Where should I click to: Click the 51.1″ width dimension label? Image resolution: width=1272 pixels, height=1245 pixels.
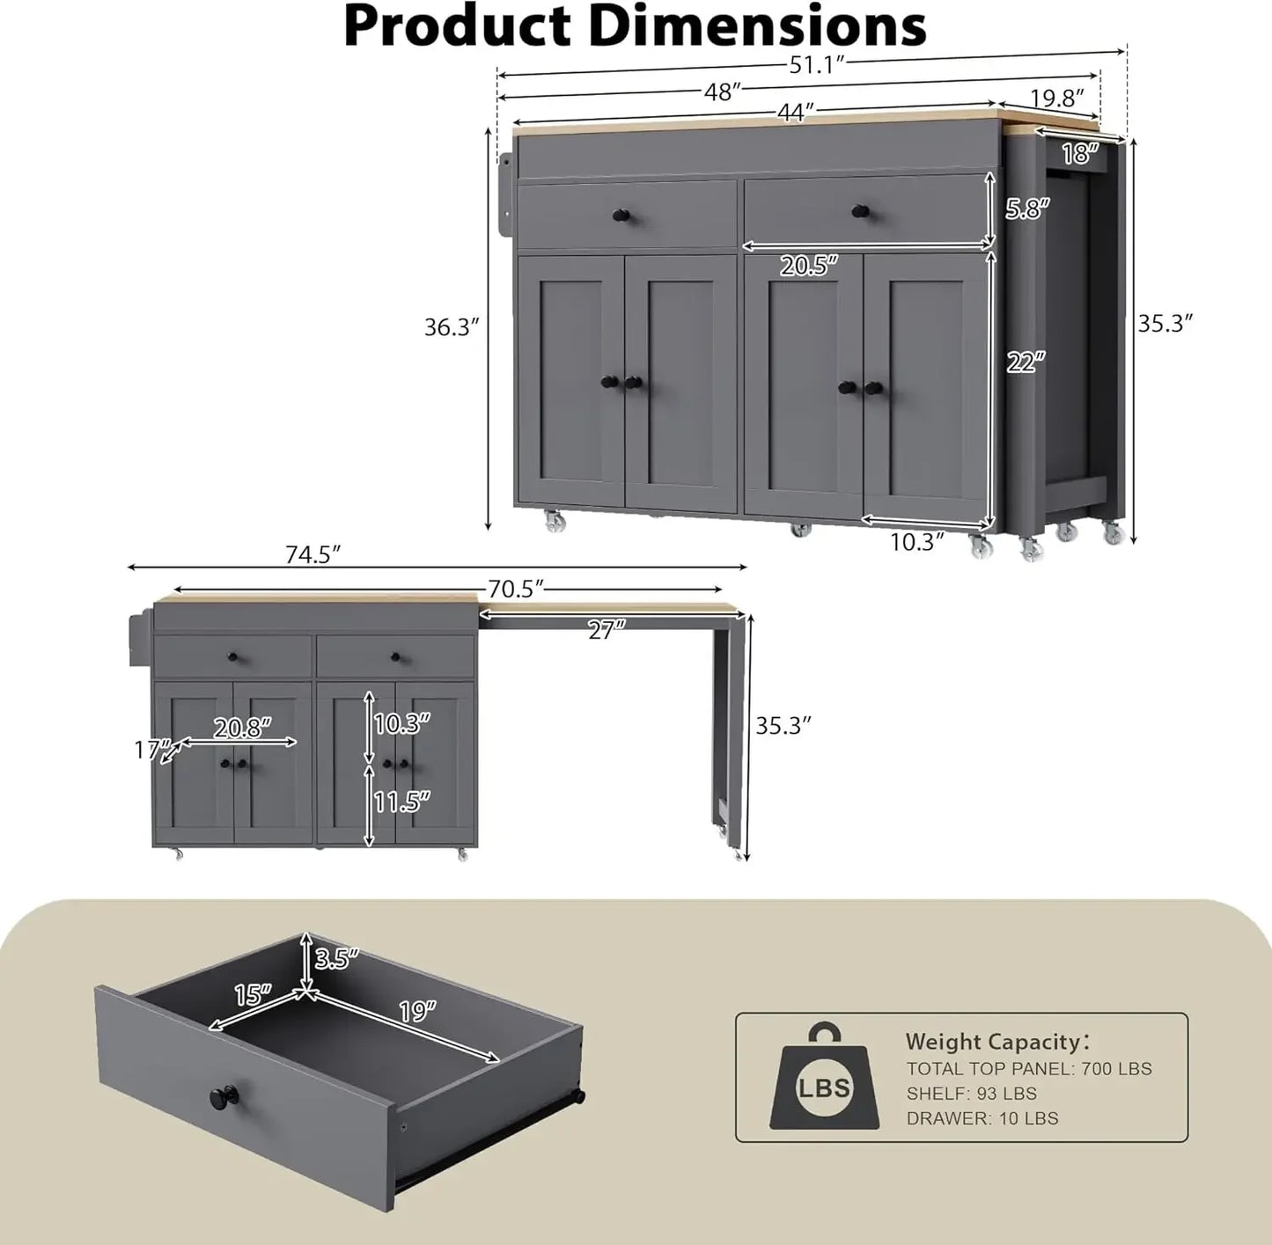817,65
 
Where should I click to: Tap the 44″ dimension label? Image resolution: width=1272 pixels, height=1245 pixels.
795,113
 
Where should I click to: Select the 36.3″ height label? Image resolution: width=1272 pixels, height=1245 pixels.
452,327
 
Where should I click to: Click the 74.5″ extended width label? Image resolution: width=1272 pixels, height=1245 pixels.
312,555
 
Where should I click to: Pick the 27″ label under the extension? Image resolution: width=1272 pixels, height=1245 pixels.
607,630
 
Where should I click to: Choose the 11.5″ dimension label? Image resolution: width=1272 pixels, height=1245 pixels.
401,802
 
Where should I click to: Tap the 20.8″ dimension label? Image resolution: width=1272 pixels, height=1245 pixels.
242,728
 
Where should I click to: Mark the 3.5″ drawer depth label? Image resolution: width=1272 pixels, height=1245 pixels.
337,958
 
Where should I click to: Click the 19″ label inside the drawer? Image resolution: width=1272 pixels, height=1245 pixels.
417,1011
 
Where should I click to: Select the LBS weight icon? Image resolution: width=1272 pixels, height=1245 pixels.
824,1079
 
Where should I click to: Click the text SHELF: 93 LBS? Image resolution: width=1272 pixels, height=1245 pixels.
972,1094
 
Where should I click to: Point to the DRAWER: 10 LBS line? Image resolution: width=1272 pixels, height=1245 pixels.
982,1118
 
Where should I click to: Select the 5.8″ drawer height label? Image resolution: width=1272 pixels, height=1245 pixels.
1028,209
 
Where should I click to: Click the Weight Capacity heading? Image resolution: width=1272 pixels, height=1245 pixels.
996,1042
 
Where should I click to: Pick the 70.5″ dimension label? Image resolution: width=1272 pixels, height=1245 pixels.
516,589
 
